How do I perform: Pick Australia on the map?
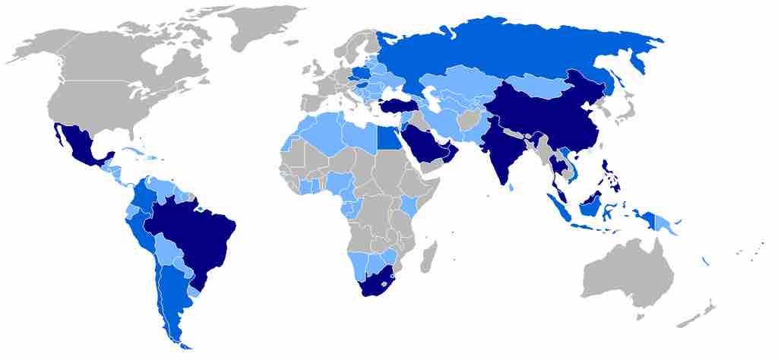pos(627,273)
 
